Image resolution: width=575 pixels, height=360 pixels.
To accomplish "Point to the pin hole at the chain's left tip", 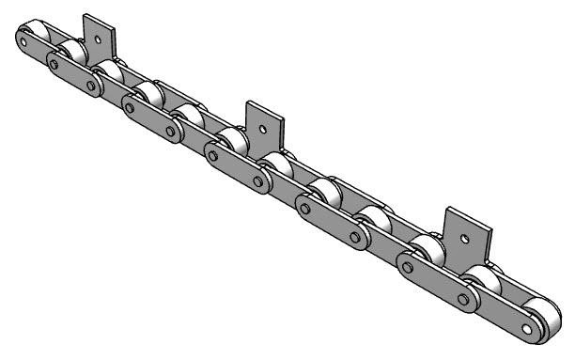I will click(23, 39).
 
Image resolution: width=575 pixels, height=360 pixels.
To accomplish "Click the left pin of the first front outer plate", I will click(54, 65).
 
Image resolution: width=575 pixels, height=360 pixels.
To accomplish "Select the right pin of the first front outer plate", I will click(91, 86).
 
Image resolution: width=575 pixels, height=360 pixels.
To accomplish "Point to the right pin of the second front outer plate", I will click(170, 132).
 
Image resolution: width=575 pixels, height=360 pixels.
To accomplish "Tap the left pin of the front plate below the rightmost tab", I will click(407, 267).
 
